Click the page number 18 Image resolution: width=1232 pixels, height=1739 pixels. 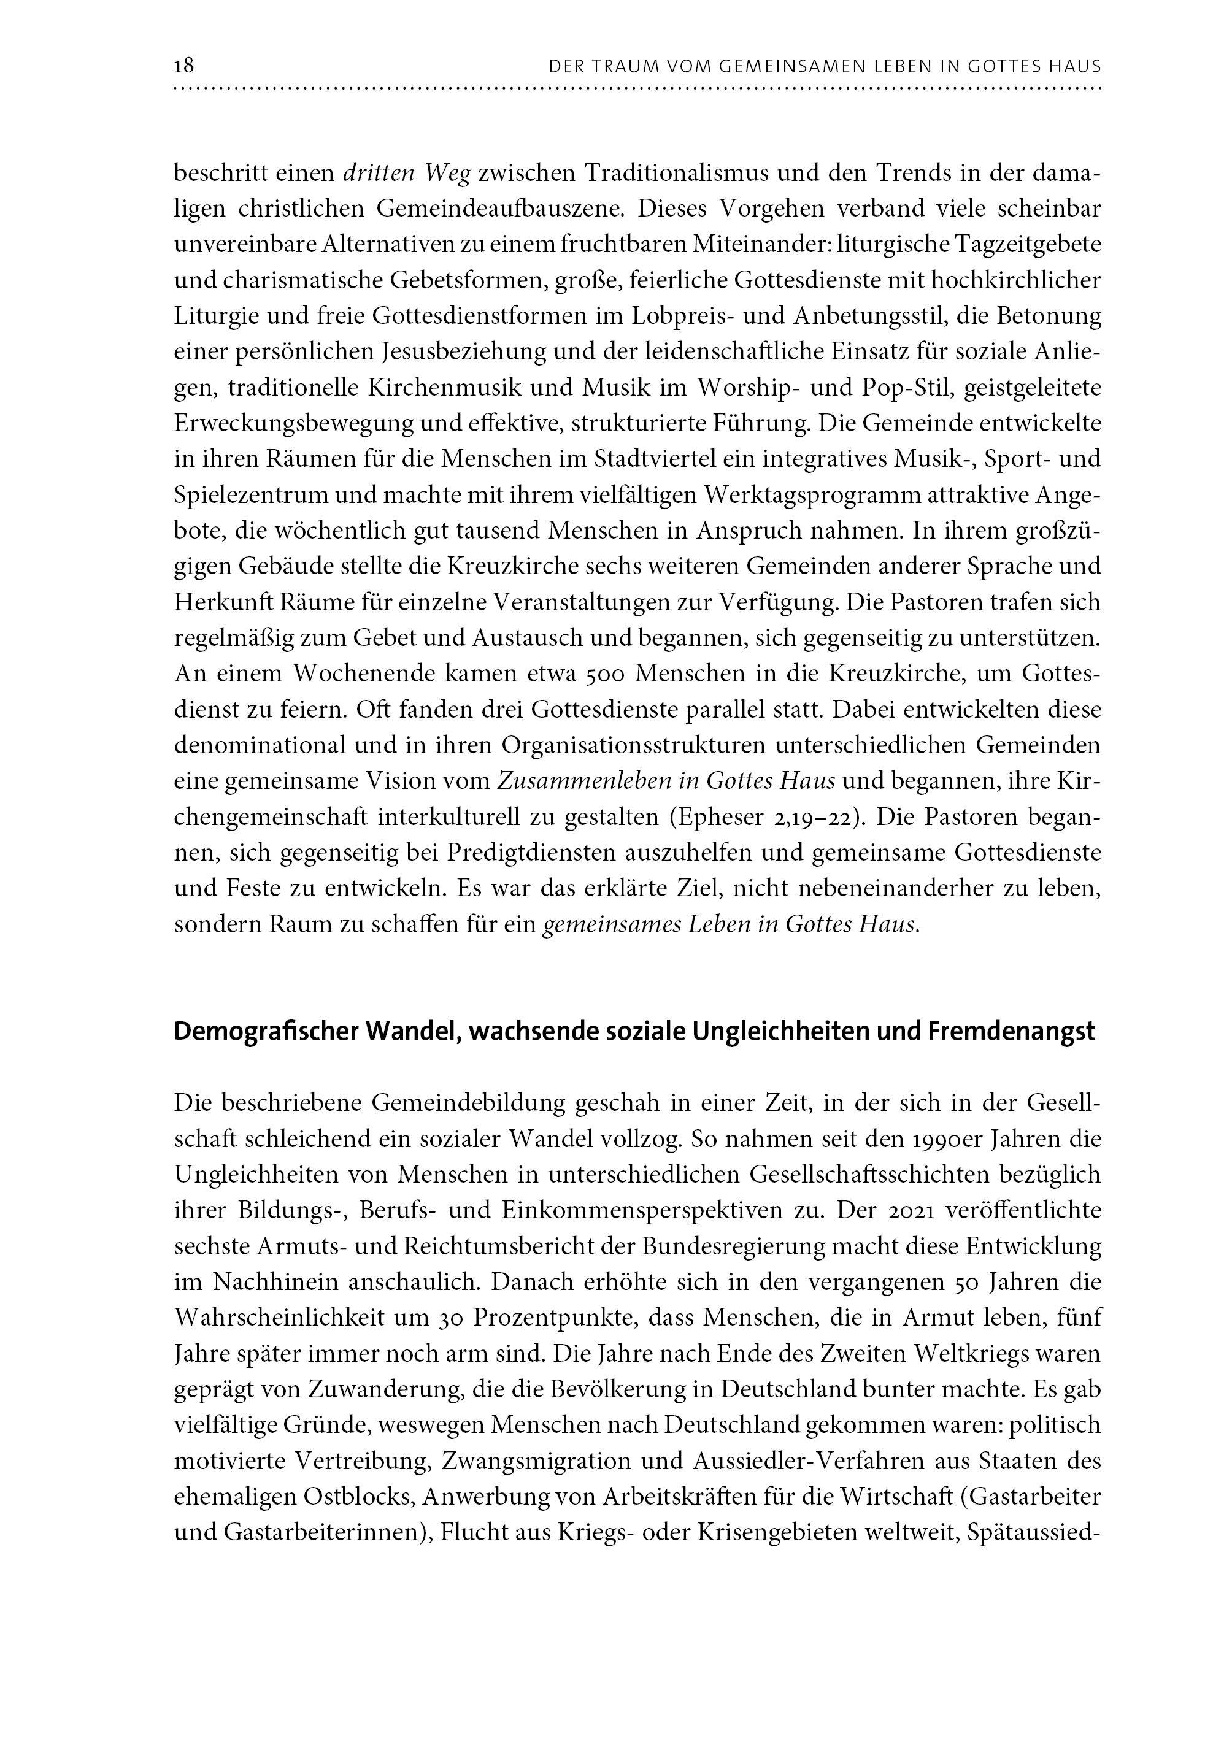184,66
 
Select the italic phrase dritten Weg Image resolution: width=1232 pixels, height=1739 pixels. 407,174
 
